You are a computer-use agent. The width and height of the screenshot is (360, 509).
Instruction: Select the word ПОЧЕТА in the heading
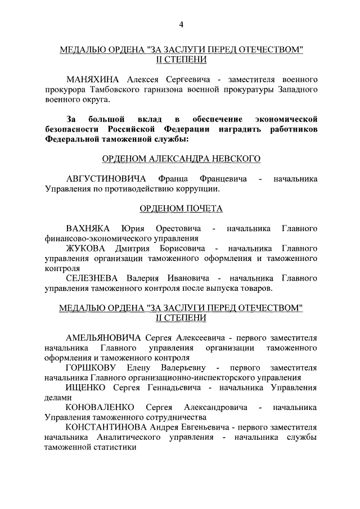[x=203, y=209]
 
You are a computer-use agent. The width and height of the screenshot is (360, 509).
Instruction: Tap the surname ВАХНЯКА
[x=87, y=228]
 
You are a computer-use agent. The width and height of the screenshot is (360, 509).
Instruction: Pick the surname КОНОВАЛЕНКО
[x=100, y=407]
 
